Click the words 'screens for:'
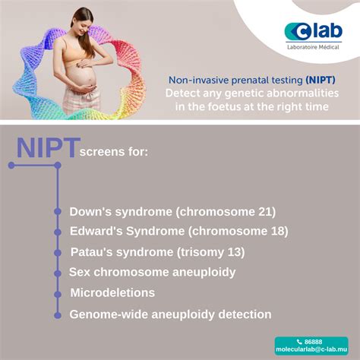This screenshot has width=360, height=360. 113,152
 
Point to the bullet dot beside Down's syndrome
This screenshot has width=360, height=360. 57,213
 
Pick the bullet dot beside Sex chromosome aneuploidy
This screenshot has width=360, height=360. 57,272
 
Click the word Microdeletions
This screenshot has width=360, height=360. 112,292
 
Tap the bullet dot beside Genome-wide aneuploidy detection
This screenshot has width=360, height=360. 57,313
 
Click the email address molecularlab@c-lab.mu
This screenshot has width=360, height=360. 311,351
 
